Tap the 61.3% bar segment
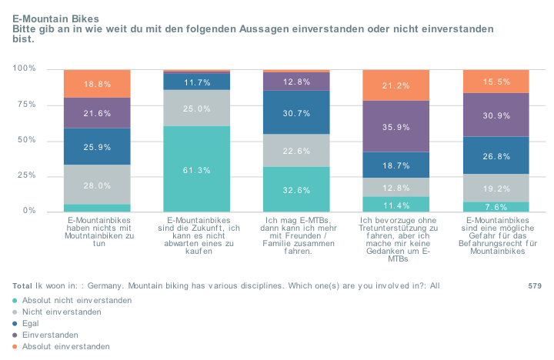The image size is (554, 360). [x=196, y=169]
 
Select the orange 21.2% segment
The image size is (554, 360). [x=395, y=85]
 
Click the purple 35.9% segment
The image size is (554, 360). [x=395, y=127]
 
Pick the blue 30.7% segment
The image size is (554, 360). [x=296, y=113]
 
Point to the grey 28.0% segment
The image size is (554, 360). [x=97, y=185]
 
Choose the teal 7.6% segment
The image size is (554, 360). [x=496, y=207]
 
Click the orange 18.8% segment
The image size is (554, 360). [x=97, y=84]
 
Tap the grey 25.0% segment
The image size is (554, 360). [x=196, y=108]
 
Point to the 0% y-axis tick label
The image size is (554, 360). [x=30, y=211]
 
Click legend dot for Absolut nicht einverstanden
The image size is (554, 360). [x=16, y=300]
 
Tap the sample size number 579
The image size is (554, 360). [x=535, y=285]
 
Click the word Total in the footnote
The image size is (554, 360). [x=23, y=285]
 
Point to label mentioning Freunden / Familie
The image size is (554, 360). [x=296, y=235]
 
